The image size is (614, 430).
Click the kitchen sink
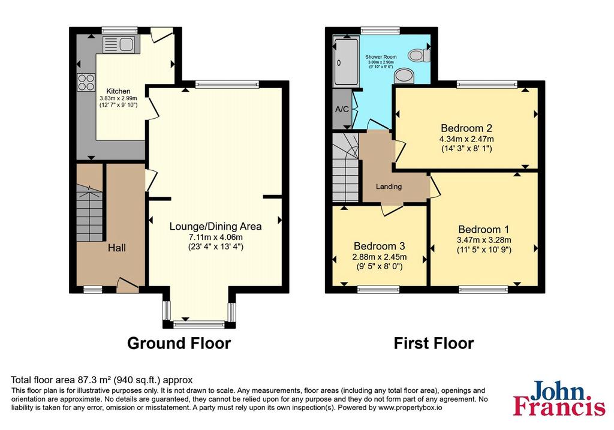point(119,44)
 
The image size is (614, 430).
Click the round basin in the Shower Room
point(404,76)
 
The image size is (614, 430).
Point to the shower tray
point(346,62)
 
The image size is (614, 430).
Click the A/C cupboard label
point(342,109)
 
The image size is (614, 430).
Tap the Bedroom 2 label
point(466,128)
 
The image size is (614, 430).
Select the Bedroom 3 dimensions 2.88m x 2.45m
point(380,257)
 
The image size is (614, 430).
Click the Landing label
point(389,187)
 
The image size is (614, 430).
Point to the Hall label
point(117,248)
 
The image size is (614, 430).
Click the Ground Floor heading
point(179,343)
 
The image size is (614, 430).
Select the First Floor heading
point(434,343)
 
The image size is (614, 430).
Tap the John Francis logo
point(559,398)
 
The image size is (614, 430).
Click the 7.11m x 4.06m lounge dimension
point(216,237)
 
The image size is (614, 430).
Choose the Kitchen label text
point(118,91)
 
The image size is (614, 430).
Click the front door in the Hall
point(128,285)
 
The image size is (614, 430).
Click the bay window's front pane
point(199,324)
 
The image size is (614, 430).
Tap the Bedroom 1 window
point(483,290)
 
